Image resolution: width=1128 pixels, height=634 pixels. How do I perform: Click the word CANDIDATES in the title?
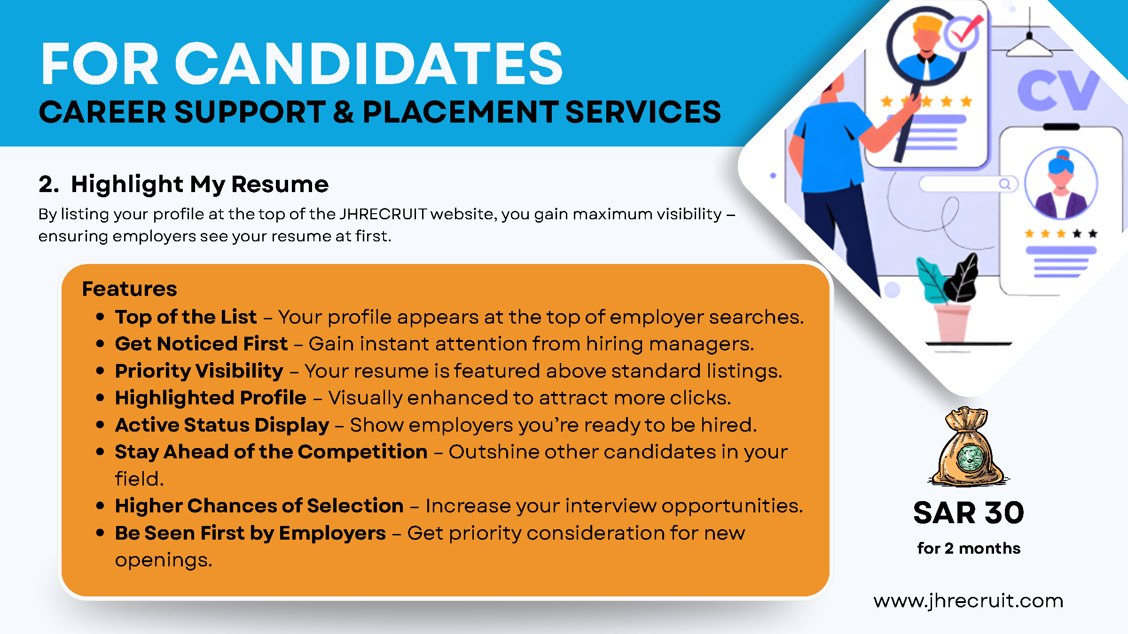(369, 63)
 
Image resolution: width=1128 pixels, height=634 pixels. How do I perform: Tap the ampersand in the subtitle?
(344, 112)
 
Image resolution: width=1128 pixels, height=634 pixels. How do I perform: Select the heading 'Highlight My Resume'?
(200, 184)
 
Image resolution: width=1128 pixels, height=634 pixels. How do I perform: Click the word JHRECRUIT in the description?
(383, 214)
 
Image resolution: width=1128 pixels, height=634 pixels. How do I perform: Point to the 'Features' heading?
(130, 289)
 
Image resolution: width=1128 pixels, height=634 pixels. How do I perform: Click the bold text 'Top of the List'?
(186, 317)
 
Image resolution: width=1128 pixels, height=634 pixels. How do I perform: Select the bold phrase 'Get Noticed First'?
(201, 344)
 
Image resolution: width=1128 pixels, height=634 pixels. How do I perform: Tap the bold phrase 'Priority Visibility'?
(199, 371)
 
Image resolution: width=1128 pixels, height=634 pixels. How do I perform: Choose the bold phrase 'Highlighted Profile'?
(211, 398)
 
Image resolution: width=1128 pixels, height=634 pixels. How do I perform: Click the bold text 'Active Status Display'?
(222, 425)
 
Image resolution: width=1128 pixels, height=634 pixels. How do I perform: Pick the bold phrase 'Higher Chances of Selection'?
(259, 506)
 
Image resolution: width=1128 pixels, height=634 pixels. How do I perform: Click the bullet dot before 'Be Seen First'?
(100, 533)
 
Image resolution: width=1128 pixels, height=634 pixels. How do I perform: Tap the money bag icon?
(969, 447)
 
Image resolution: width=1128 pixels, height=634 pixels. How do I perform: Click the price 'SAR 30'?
(969, 512)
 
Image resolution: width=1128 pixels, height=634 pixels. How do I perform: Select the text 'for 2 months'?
(969, 548)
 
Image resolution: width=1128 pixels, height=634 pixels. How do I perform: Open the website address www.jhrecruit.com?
(968, 601)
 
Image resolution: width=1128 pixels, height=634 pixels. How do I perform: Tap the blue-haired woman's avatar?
(1061, 183)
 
